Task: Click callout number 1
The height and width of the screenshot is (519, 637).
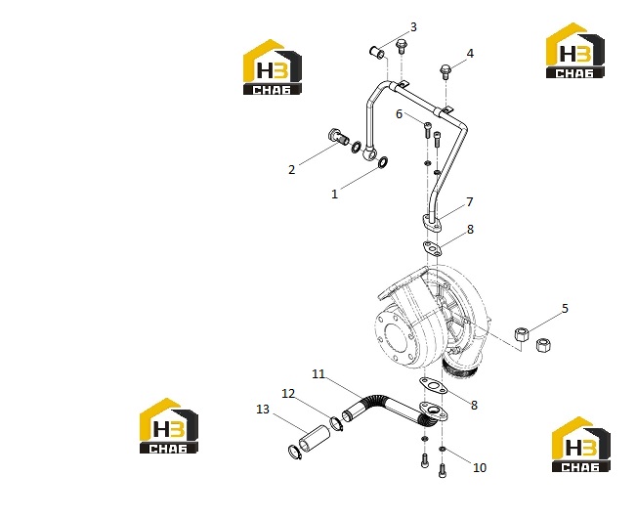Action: click(x=334, y=195)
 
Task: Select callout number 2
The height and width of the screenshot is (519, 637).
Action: click(x=292, y=169)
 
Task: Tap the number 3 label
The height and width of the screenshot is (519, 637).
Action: click(x=413, y=27)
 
